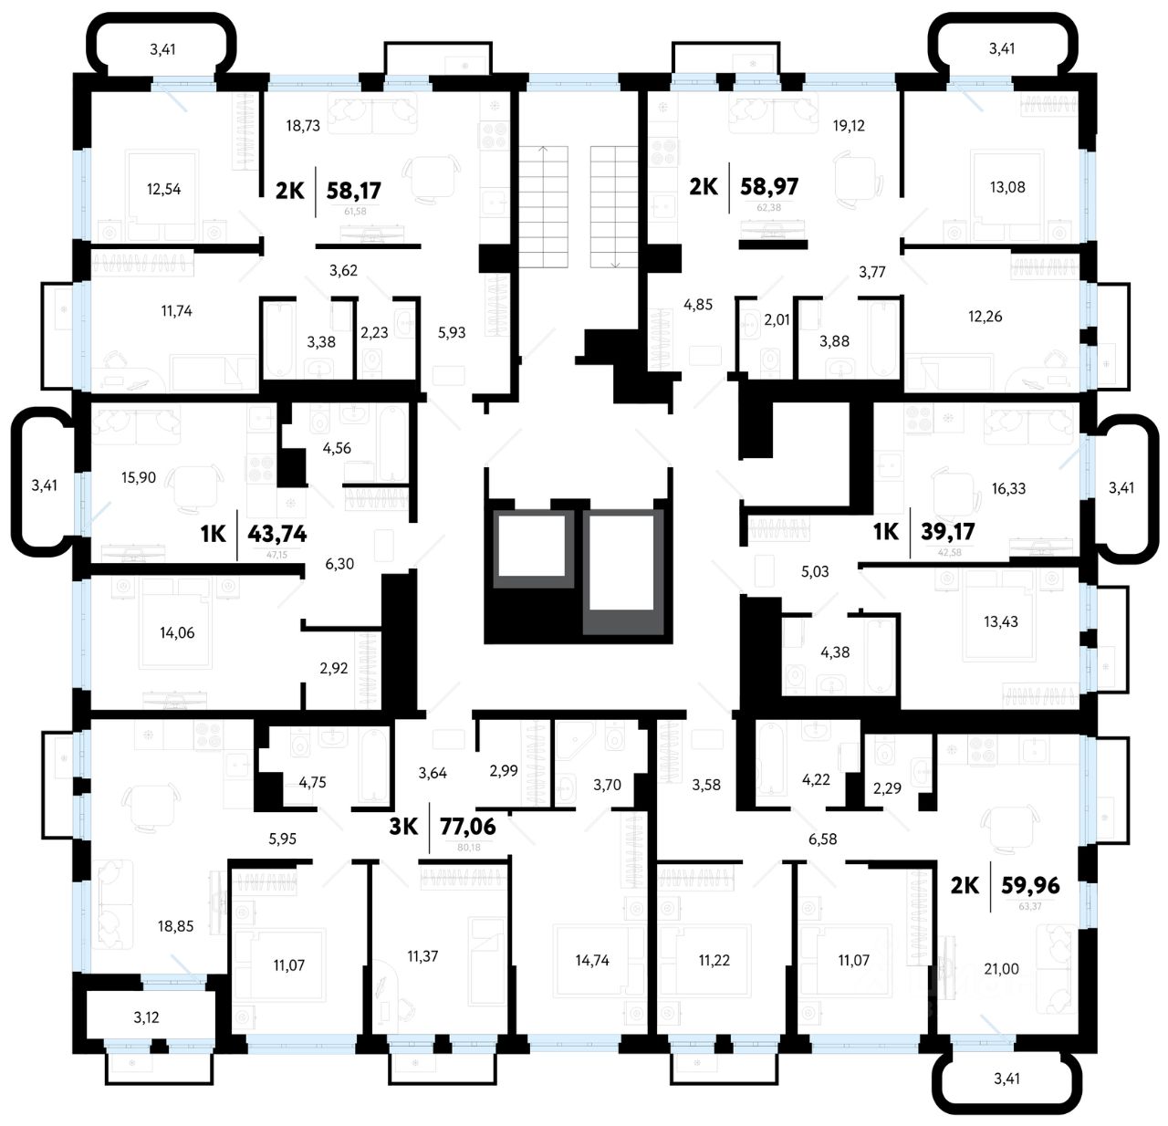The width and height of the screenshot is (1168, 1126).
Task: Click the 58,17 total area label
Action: (x=353, y=190)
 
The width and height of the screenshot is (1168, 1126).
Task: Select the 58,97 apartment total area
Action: (x=770, y=187)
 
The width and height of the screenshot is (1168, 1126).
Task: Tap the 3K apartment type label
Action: (x=403, y=827)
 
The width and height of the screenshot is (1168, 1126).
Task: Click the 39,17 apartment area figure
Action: (x=949, y=531)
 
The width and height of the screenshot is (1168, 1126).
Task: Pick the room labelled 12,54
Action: (x=164, y=190)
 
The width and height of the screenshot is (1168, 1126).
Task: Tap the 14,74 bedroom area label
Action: (x=592, y=960)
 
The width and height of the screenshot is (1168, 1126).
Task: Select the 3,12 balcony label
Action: (x=146, y=1017)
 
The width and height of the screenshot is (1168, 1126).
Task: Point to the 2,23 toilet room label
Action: (x=374, y=332)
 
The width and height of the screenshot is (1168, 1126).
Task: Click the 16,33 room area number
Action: (x=1008, y=489)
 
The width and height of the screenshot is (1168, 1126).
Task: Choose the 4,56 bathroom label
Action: (x=336, y=448)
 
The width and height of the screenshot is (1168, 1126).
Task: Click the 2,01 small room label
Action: (x=777, y=319)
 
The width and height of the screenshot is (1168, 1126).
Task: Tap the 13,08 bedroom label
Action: (x=1007, y=187)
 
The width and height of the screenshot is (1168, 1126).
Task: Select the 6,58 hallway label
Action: (x=822, y=839)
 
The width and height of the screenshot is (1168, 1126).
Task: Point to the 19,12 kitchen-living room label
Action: (x=848, y=126)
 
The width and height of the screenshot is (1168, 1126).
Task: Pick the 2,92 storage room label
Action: (x=333, y=668)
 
